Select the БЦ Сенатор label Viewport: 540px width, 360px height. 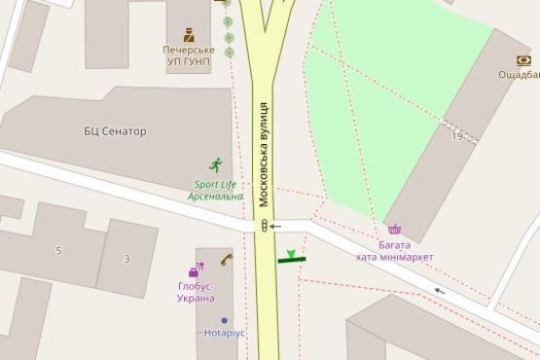[x=115, y=130]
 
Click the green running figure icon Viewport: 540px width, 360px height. [x=215, y=165]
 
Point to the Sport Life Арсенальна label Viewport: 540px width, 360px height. [x=215, y=190]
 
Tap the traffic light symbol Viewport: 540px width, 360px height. [x=263, y=226]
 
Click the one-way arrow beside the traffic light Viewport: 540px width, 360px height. [x=276, y=226]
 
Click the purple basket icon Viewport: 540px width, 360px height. [x=394, y=231]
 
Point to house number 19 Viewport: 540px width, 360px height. [x=456, y=136]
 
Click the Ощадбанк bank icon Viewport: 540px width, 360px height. [x=524, y=59]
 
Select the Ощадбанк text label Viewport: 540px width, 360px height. [x=520, y=75]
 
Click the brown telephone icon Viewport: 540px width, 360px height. [x=226, y=260]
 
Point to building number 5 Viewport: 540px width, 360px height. [x=58, y=251]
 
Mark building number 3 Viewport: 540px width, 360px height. [x=126, y=258]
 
